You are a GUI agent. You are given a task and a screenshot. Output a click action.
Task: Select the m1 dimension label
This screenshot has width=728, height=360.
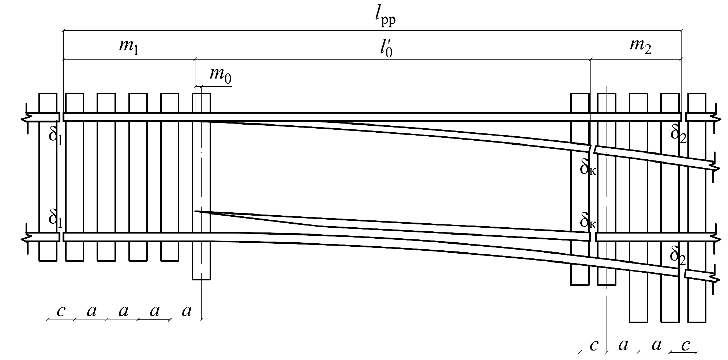click(x=128, y=48)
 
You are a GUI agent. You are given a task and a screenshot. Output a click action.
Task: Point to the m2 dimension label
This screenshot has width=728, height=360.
click(x=640, y=46)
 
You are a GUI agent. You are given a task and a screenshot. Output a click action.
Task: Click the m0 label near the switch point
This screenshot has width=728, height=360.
click(x=220, y=75)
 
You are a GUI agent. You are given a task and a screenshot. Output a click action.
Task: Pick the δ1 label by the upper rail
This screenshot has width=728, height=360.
click(x=55, y=136)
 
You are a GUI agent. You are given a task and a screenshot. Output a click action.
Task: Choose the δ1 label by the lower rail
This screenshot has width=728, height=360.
click(x=55, y=218)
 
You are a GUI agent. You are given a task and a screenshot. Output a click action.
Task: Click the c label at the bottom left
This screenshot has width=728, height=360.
click(x=61, y=311)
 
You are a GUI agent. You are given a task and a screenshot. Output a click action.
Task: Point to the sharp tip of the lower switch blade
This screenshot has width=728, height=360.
click(x=196, y=211)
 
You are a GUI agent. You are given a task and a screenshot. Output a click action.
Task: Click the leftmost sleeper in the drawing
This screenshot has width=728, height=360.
click(x=48, y=177)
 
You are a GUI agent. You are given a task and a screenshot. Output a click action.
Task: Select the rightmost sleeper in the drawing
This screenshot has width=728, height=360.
click(x=697, y=208)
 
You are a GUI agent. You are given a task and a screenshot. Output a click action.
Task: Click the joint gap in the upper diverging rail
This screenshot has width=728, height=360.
click(x=592, y=149)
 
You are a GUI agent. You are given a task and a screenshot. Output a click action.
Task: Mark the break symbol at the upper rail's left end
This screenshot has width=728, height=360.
click(x=27, y=117)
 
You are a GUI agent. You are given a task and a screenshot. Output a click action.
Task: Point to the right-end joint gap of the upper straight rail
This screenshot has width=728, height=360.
click(x=683, y=117)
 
